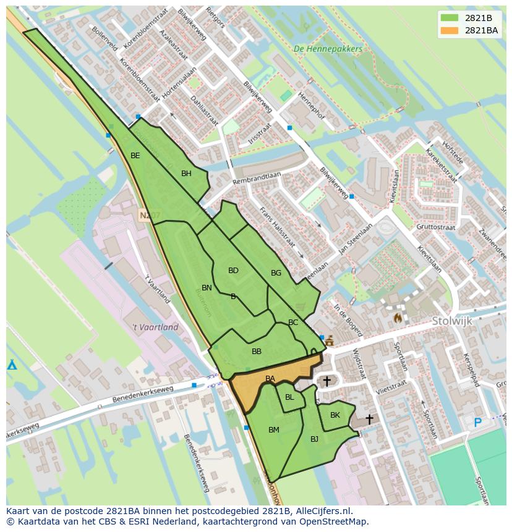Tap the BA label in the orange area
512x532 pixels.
tap(270, 379)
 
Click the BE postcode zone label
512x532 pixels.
tap(135, 156)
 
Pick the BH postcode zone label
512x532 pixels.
tap(186, 174)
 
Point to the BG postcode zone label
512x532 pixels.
tap(276, 273)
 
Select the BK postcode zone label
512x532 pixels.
tap(335, 415)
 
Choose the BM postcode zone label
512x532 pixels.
tap(274, 430)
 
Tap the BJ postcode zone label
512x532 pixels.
tap(314, 439)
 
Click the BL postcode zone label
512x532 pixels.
tap(289, 397)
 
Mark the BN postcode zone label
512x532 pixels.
tap(207, 288)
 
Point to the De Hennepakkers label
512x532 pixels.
tap(328, 49)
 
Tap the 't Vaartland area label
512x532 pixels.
tap(155, 327)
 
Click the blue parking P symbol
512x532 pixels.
tap(477, 423)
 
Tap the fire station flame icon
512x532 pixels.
tap(397, 318)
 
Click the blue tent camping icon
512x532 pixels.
tap(12, 365)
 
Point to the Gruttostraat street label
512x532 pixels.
tap(436, 227)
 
